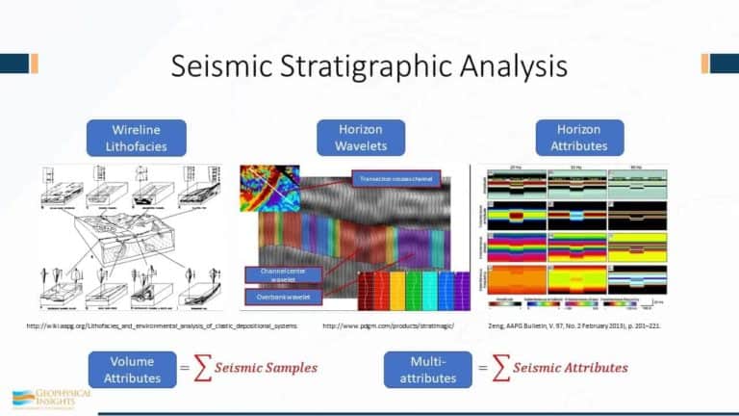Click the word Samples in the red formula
click(x=285, y=368)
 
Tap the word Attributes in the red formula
click(x=592, y=368)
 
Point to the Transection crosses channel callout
click(x=396, y=179)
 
